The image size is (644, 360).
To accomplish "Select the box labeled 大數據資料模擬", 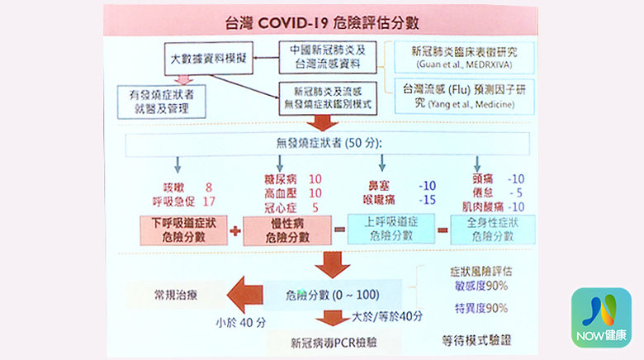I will (x=205, y=59).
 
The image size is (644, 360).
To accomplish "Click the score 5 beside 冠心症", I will (x=315, y=208).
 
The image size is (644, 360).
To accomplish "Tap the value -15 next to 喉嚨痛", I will (x=427, y=200).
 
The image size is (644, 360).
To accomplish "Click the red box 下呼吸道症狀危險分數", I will (x=183, y=230).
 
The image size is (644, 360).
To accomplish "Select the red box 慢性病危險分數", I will (x=287, y=230).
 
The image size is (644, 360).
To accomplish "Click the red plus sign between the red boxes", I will (x=236, y=231).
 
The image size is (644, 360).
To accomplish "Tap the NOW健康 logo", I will (x=601, y=317).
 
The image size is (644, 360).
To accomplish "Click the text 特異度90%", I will (x=481, y=308).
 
